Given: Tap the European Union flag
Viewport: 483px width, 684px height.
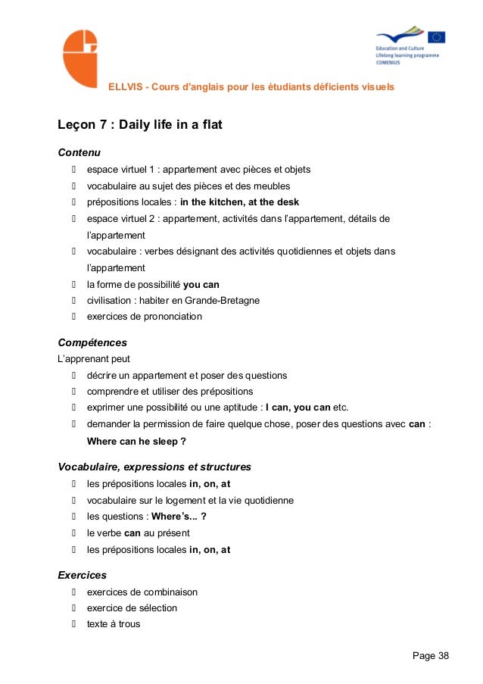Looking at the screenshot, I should pos(436,37).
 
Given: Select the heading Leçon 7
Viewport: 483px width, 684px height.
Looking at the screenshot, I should pos(140,124).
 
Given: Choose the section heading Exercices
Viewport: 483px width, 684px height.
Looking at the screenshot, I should pos(82,575).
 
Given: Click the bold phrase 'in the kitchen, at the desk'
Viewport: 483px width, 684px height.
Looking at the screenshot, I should pos(239,202).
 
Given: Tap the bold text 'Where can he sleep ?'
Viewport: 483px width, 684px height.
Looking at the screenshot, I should pos(136,441).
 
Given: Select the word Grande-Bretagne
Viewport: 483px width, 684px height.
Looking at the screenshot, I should pos(225,301).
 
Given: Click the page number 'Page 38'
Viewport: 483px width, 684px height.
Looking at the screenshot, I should pos(430,655).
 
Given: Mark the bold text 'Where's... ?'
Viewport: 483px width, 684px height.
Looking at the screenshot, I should pos(179,517).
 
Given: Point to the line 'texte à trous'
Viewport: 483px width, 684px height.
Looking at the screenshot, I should pos(114,625).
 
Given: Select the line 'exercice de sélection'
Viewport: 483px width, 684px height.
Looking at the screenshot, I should pos(132,608).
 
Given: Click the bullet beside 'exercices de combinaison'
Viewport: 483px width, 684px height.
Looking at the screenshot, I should pos(75,592).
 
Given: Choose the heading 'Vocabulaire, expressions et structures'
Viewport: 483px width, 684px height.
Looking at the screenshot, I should pos(154,467).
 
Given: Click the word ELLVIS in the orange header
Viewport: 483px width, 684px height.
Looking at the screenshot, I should pos(125,86).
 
